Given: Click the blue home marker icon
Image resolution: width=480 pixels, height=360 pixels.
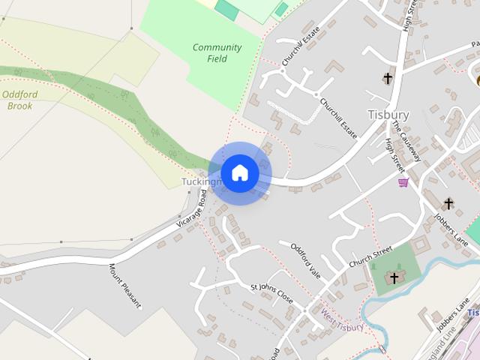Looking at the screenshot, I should coord(240,173).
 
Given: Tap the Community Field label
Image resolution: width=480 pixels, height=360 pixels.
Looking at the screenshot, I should coord(217,52).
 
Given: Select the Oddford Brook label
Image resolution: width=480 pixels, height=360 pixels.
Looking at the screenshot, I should coord(17,100).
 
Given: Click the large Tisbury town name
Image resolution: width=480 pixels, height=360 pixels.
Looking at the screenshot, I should coord(388,115).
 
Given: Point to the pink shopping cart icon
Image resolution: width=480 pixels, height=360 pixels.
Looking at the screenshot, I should coord(403,182).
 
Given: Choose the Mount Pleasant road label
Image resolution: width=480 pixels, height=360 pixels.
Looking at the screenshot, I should coord(124,286).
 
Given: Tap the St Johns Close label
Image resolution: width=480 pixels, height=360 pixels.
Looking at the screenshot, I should coord(271,292).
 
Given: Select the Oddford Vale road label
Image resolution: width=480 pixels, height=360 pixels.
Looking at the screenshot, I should coord(305,261).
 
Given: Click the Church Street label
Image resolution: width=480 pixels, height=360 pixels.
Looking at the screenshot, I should coord(371,256).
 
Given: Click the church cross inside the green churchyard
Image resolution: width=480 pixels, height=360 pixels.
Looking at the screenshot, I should coord(394,279).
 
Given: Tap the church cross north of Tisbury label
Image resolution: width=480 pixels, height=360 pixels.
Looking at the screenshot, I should coord(388,78).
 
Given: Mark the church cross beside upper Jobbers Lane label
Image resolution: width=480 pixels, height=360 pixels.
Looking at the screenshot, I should coord(448,203).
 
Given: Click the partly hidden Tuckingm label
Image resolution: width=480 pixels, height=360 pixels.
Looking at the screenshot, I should coord(201,182).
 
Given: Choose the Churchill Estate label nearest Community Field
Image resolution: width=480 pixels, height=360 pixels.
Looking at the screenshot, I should coord(297,46).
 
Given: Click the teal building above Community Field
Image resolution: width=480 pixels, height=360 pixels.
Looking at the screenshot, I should coord(226,10).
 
